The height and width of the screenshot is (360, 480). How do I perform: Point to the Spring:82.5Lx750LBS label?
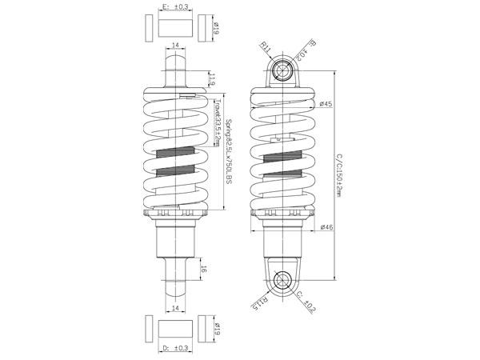point(229,151)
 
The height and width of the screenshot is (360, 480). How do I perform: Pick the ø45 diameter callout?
point(326,103)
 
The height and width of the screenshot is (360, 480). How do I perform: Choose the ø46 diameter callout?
point(326,227)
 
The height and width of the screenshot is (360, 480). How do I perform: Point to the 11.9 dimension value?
point(212,79)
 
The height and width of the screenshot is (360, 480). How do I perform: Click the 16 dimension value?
point(204,270)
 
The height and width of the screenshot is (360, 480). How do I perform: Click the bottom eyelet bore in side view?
point(282,279)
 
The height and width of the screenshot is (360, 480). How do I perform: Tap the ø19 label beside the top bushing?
point(217,29)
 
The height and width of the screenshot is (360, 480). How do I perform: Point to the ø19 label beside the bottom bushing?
point(217,328)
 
